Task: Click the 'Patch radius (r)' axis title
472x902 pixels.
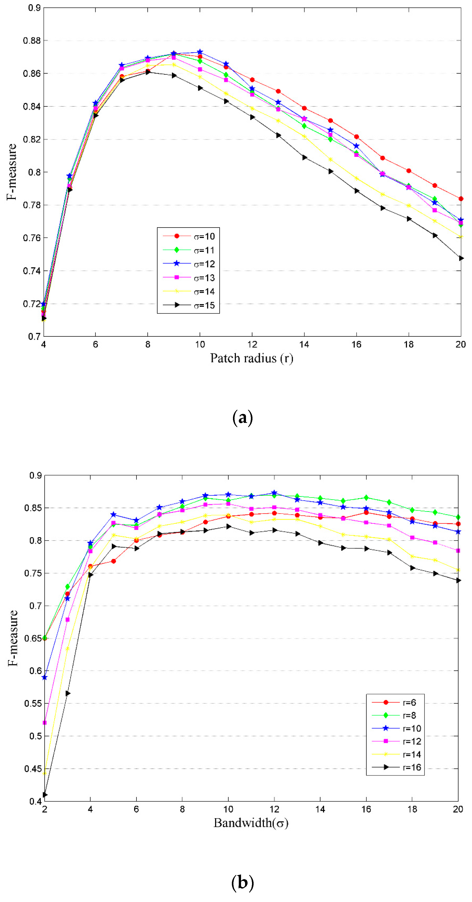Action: pyautogui.click(x=251, y=358)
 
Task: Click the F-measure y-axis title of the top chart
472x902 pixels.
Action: pyautogui.click(x=12, y=172)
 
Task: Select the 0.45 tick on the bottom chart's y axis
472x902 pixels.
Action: pyautogui.click(x=32, y=769)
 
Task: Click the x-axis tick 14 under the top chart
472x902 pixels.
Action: pyautogui.click(x=304, y=345)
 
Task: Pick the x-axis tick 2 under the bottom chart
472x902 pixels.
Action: pyautogui.click(x=45, y=809)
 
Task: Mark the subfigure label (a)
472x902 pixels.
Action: pyautogui.click(x=242, y=417)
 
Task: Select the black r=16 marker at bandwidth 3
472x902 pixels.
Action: pyautogui.click(x=68, y=693)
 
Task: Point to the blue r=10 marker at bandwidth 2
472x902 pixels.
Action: pyautogui.click(x=45, y=677)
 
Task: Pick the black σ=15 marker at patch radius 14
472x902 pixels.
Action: pyautogui.click(x=304, y=158)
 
